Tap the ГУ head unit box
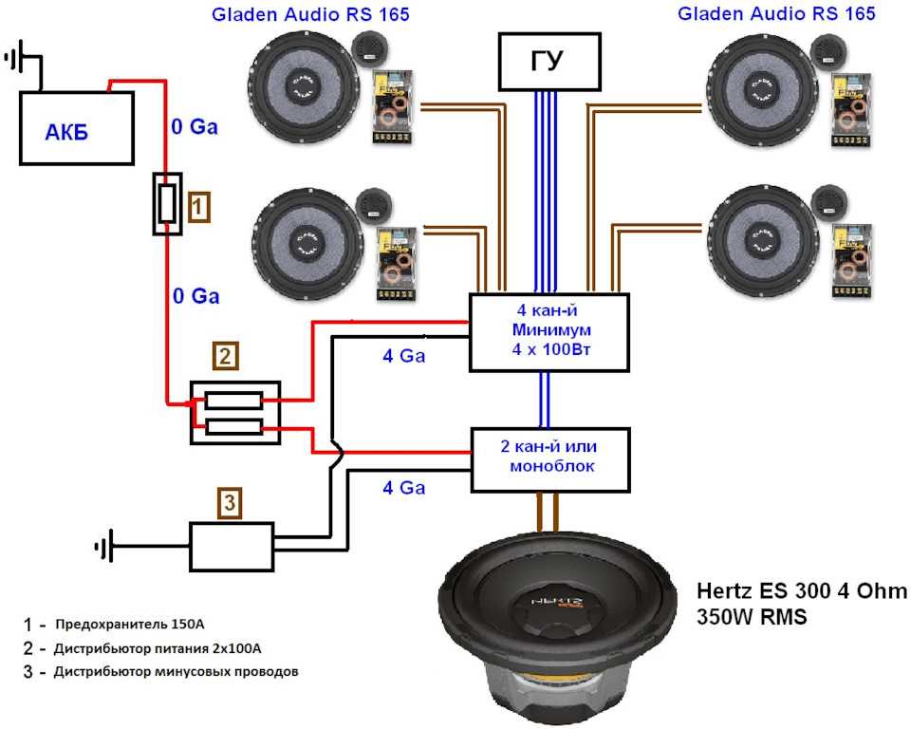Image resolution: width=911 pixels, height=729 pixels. pyautogui.click(x=548, y=61)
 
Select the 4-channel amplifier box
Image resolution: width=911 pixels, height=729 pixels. pyautogui.click(x=549, y=332)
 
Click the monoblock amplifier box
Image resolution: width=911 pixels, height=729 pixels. pyautogui.click(x=550, y=459)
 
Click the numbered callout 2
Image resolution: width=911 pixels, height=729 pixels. pyautogui.click(x=224, y=357)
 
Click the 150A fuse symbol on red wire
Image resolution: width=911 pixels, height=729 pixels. pyautogui.click(x=167, y=204)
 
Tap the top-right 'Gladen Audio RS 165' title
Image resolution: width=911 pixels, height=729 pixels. pyautogui.click(x=776, y=13)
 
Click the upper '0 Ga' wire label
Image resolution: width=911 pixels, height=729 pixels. pyautogui.click(x=194, y=126)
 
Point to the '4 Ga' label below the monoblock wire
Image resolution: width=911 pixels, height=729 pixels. pyautogui.click(x=403, y=488)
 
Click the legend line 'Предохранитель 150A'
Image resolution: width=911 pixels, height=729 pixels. pyautogui.click(x=129, y=625)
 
